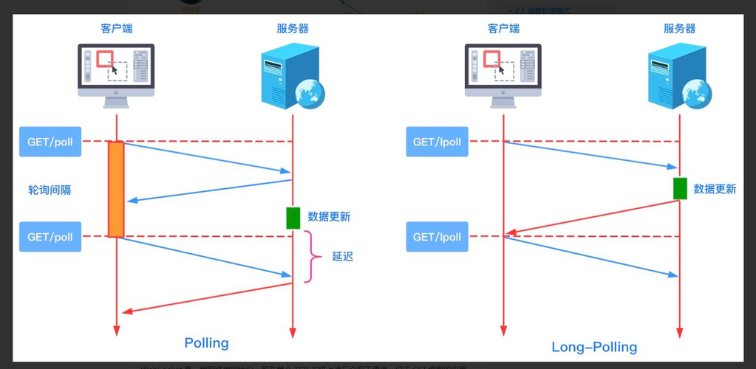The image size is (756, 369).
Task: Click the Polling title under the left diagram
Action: [206, 342]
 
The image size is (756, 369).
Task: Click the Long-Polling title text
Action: [594, 347]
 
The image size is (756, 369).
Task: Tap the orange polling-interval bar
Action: [116, 189]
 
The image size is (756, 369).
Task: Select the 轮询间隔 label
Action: [50, 190]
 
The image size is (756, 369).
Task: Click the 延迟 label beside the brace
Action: [342, 257]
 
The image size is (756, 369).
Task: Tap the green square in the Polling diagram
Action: [293, 218]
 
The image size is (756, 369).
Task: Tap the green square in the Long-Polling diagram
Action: [680, 189]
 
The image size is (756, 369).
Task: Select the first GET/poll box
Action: [50, 142]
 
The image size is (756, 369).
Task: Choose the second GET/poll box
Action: [50, 237]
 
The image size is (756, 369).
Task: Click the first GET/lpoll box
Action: [437, 142]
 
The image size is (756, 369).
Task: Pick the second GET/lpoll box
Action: [437, 237]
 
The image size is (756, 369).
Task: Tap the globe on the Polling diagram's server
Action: [310, 94]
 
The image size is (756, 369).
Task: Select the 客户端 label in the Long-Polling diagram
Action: [503, 29]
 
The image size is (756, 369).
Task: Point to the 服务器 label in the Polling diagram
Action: [293, 29]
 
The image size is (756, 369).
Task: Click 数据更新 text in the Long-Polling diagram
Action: [715, 189]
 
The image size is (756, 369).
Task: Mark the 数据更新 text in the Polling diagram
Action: [329, 216]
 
